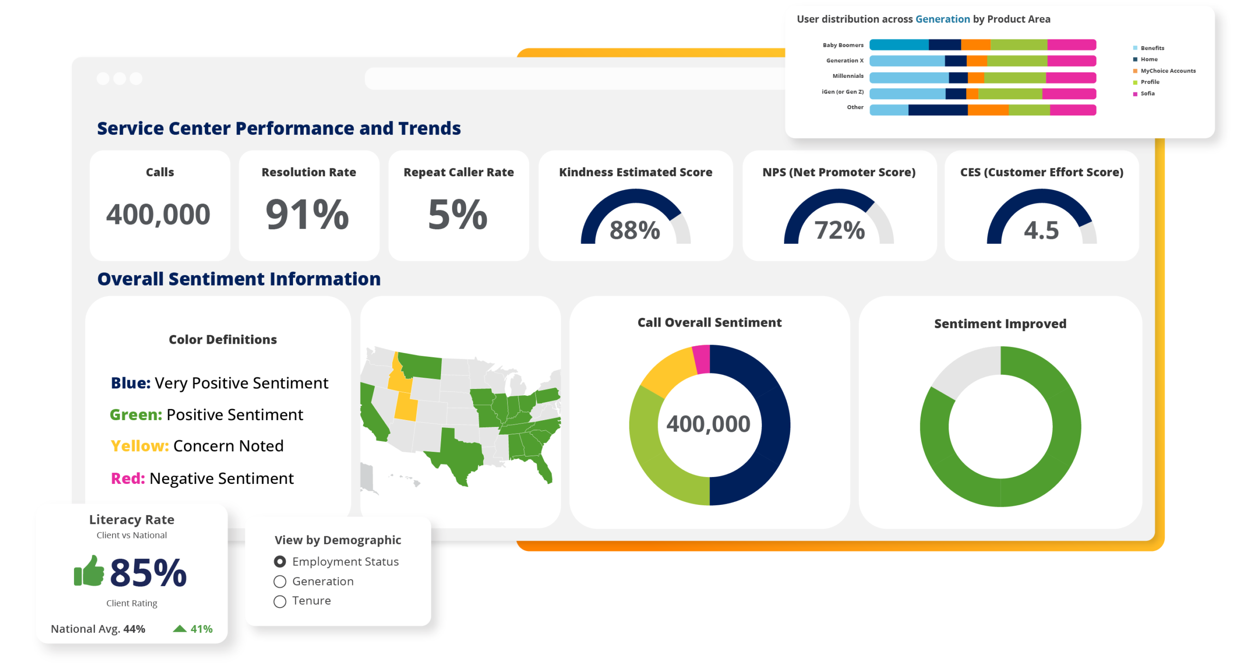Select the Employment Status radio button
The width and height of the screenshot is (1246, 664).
280,561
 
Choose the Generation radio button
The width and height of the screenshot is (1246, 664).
280,581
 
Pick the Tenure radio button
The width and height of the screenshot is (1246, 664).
280,601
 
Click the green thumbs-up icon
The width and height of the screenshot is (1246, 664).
89,571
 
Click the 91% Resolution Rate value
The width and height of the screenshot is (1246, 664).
308,214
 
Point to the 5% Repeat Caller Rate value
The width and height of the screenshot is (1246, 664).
458,214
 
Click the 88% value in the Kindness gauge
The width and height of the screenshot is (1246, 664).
635,230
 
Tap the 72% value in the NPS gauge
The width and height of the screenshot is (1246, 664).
840,230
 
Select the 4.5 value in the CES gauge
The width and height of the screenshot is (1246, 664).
1041,230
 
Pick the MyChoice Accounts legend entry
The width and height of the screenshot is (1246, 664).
1164,71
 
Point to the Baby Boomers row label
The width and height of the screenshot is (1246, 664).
843,45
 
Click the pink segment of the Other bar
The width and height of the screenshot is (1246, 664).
1073,110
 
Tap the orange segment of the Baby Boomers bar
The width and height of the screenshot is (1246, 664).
975,45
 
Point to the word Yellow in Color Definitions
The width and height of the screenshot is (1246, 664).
140,446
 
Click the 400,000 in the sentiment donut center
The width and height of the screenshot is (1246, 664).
708,424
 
